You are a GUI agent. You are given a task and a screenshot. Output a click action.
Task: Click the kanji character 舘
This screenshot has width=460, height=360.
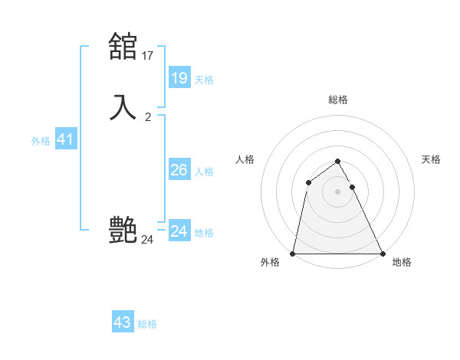[123, 46]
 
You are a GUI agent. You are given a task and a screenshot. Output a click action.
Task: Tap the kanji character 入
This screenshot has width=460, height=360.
[123, 106]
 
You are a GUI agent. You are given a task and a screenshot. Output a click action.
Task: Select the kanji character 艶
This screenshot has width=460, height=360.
[123, 230]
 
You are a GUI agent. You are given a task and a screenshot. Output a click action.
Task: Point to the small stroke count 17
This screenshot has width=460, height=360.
[148, 55]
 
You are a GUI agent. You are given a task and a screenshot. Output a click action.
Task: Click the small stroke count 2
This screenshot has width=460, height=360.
[148, 116]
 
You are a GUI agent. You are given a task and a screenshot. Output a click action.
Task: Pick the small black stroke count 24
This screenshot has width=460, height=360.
[148, 240]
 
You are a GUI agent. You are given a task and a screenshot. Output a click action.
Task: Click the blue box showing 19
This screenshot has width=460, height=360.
[179, 77]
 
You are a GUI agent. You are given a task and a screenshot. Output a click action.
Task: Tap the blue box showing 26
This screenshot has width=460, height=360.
[179, 170]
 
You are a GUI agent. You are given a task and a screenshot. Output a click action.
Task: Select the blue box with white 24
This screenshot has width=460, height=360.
[179, 231]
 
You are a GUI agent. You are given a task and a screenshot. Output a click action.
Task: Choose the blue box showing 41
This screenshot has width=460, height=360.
[65, 140]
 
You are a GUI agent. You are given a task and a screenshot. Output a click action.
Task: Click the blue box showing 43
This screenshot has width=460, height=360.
[123, 322]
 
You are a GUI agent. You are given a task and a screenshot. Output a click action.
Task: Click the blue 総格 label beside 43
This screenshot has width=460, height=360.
[147, 324]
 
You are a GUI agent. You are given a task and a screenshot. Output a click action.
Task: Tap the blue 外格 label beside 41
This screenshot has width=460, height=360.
[41, 141]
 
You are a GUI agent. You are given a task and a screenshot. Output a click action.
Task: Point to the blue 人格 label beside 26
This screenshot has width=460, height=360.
[204, 172]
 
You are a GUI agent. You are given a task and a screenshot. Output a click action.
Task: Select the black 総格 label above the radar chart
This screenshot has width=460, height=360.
[338, 100]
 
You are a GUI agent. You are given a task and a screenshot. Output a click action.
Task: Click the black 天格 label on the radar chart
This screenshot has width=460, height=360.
[432, 159]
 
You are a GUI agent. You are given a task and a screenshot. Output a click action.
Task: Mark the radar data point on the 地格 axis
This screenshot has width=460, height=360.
[382, 253]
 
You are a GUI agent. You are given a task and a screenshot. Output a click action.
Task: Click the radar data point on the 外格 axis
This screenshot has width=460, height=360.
[293, 253]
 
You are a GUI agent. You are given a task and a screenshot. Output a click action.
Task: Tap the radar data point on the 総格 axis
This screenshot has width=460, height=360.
[338, 161]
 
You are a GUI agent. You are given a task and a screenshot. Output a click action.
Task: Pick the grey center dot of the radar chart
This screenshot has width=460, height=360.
[338, 191]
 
